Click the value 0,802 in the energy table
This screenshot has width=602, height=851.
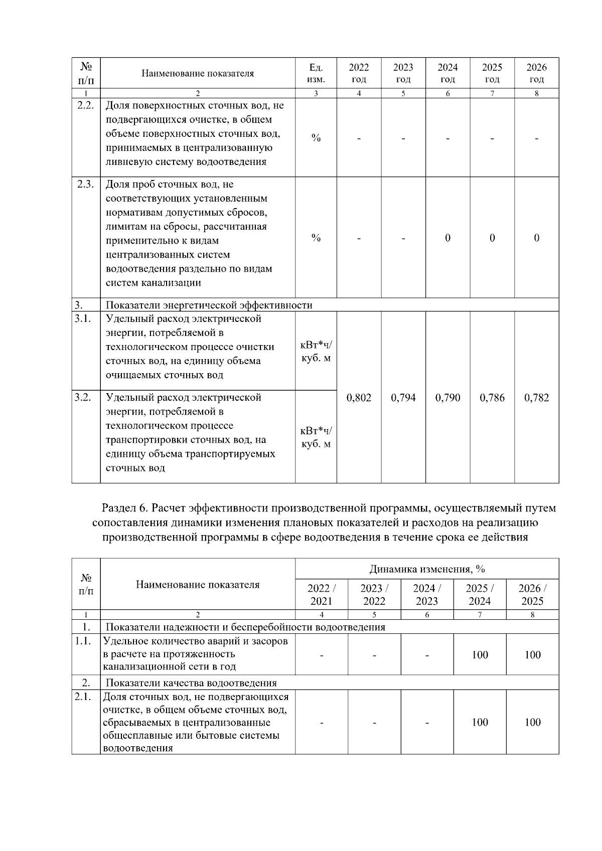pos(359,398)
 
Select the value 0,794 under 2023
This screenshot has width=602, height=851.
pos(403,398)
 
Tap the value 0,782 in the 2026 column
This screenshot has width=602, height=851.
pos(536,398)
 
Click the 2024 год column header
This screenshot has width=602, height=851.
pos(447,73)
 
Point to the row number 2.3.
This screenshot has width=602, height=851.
pos(86,184)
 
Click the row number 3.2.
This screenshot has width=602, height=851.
pos(83,397)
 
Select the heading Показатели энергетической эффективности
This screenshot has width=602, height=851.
pos(209,305)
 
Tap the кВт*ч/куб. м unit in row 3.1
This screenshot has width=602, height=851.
pos(316,352)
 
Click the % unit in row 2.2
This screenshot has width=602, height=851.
pos(316,138)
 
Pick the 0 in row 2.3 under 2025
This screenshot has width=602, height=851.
pos(492,238)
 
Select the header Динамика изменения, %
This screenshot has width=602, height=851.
pos(427,569)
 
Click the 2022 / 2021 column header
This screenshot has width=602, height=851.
pos(321,594)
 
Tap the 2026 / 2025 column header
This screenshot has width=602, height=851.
pos(532,594)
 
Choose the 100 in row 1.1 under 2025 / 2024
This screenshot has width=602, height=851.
pos(480,654)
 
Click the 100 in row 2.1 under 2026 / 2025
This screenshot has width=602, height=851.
pos(532,722)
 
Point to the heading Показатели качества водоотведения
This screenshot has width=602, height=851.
pos(191,683)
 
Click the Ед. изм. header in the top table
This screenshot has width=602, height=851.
pos(316,73)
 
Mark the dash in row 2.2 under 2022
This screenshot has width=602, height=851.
pos(359,138)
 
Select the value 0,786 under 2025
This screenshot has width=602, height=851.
pos(492,398)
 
